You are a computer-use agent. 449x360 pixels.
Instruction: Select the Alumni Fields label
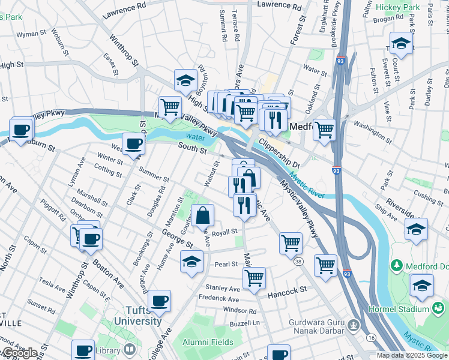point(208,342)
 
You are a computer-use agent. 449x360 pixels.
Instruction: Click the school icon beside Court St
point(401,43)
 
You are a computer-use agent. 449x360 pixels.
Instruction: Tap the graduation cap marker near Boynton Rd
point(186,80)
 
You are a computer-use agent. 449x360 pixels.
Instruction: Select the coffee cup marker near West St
point(133,143)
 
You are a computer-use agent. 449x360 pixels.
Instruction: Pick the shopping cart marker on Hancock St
point(254,278)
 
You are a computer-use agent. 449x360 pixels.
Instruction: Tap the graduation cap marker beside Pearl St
point(191,261)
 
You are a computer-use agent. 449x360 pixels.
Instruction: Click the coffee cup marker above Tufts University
point(159,301)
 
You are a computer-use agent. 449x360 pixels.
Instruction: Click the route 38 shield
point(298,260)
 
